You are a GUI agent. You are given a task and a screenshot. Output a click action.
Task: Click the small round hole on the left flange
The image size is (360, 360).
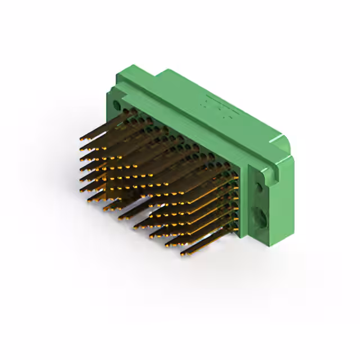point(116,105)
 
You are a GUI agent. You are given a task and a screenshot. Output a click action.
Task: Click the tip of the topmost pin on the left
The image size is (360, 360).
point(80,138)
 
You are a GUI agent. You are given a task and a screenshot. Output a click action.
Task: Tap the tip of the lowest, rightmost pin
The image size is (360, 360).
point(182,255)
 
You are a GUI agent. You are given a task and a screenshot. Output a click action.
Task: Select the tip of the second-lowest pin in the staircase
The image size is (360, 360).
point(167,245)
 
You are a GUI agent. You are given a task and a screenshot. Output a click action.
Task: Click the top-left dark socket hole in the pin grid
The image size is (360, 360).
point(133,112)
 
